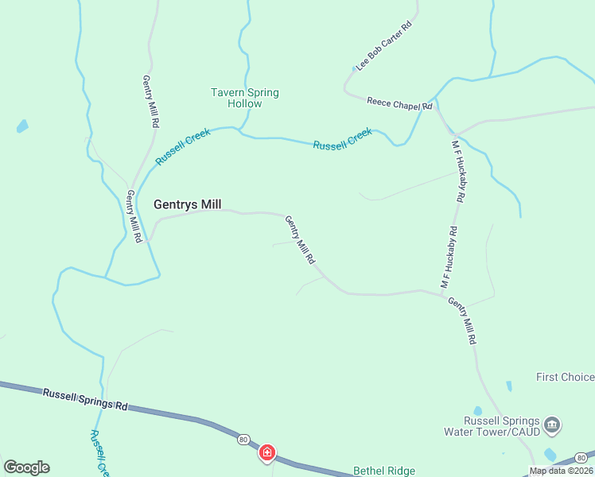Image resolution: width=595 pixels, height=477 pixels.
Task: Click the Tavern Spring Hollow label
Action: click(x=244, y=98)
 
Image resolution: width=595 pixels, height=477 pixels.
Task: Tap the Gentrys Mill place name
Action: click(x=187, y=204)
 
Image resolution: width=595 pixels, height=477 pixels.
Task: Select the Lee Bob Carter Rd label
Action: click(x=384, y=47)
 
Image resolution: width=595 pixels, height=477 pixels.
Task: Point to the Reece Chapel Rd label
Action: click(x=399, y=103)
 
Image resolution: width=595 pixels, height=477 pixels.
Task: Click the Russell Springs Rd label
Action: click(x=85, y=399)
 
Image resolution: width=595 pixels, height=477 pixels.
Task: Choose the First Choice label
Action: click(x=565, y=377)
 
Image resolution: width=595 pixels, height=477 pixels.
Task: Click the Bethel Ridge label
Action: click(x=384, y=471)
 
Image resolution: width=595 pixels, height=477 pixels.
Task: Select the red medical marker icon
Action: click(x=267, y=453)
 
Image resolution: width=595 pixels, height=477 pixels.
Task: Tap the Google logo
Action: click(x=26, y=467)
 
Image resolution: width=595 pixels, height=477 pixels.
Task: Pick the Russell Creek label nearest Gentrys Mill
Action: click(x=183, y=146)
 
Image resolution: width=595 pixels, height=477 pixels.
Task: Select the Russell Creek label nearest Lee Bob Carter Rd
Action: click(x=342, y=139)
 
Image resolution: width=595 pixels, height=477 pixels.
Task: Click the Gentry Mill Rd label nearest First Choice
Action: click(x=462, y=320)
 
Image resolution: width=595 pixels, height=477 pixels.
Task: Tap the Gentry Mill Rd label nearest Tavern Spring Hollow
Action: click(x=150, y=102)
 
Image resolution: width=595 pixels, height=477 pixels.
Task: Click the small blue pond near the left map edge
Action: click(x=22, y=126)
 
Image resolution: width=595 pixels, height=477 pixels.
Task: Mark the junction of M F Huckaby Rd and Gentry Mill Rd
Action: click(x=443, y=294)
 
